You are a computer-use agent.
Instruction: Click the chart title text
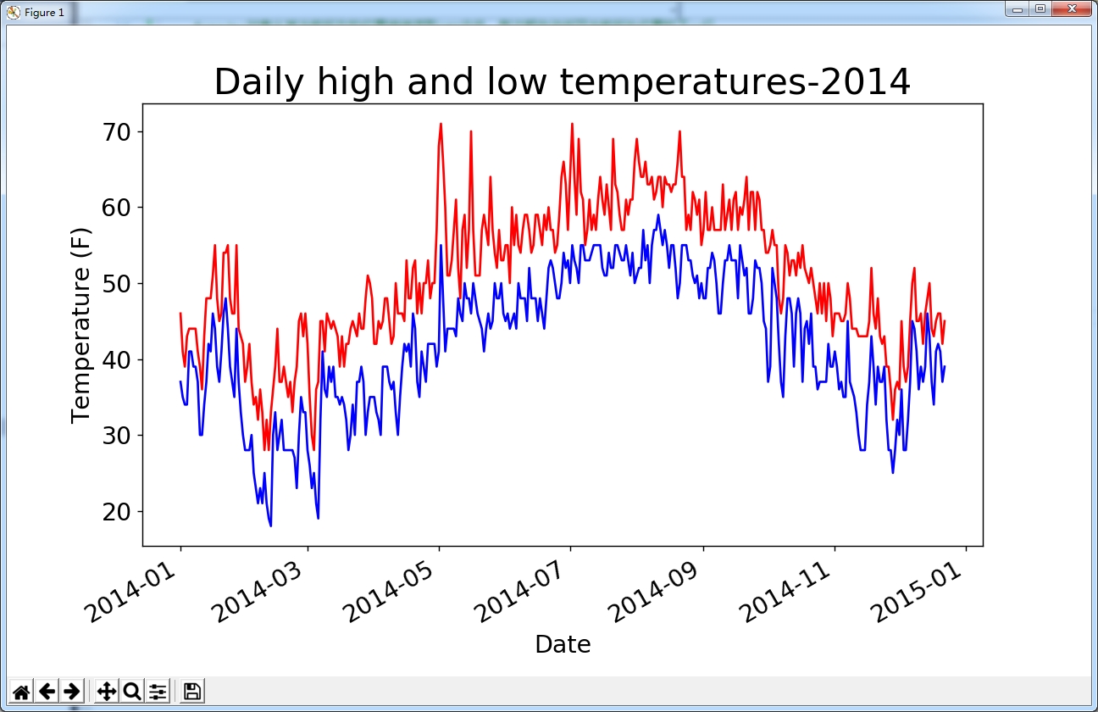pyautogui.click(x=562, y=82)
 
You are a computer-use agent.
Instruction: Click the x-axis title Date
pyautogui.click(x=563, y=645)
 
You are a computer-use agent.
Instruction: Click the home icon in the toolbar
pyautogui.click(x=21, y=692)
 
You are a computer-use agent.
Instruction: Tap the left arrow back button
pyautogui.click(x=47, y=692)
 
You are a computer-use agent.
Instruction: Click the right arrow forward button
pyautogui.click(x=72, y=692)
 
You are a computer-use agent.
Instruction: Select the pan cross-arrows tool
pyautogui.click(x=107, y=692)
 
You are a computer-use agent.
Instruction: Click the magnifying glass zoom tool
pyautogui.click(x=132, y=692)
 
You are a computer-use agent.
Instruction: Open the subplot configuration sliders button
pyautogui.click(x=158, y=692)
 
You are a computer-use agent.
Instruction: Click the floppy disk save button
pyautogui.click(x=192, y=692)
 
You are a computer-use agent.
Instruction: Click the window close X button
pyautogui.click(x=1072, y=9)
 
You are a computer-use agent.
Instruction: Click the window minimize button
pyautogui.click(x=1016, y=9)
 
